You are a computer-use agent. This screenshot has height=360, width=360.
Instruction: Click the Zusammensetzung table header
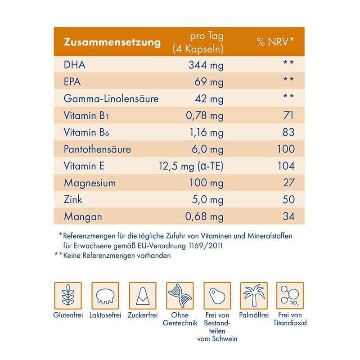[x=112, y=43]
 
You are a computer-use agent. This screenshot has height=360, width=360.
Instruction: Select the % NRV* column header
[x=275, y=43]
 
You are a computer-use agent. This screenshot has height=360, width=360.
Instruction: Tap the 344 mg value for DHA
[x=205, y=65]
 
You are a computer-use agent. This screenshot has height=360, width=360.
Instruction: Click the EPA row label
[x=74, y=82]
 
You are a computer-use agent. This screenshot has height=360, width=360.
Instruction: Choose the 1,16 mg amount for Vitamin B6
[x=205, y=133]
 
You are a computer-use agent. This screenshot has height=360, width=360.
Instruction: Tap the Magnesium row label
[x=90, y=183]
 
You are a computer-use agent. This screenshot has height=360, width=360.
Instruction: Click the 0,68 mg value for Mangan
[x=205, y=216]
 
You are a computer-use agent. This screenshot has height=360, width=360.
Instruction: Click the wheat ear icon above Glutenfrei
[x=67, y=295]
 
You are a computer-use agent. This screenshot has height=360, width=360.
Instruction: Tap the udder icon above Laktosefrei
[x=105, y=295]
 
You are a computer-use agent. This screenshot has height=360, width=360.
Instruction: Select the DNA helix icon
[x=179, y=295]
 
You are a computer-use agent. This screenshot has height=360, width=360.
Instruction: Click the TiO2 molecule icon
[x=291, y=295]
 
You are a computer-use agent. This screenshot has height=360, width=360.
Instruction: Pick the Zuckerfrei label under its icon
[x=142, y=315]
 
